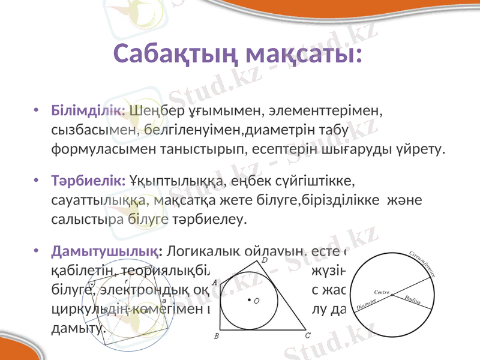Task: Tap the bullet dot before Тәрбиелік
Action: point(37,181)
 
